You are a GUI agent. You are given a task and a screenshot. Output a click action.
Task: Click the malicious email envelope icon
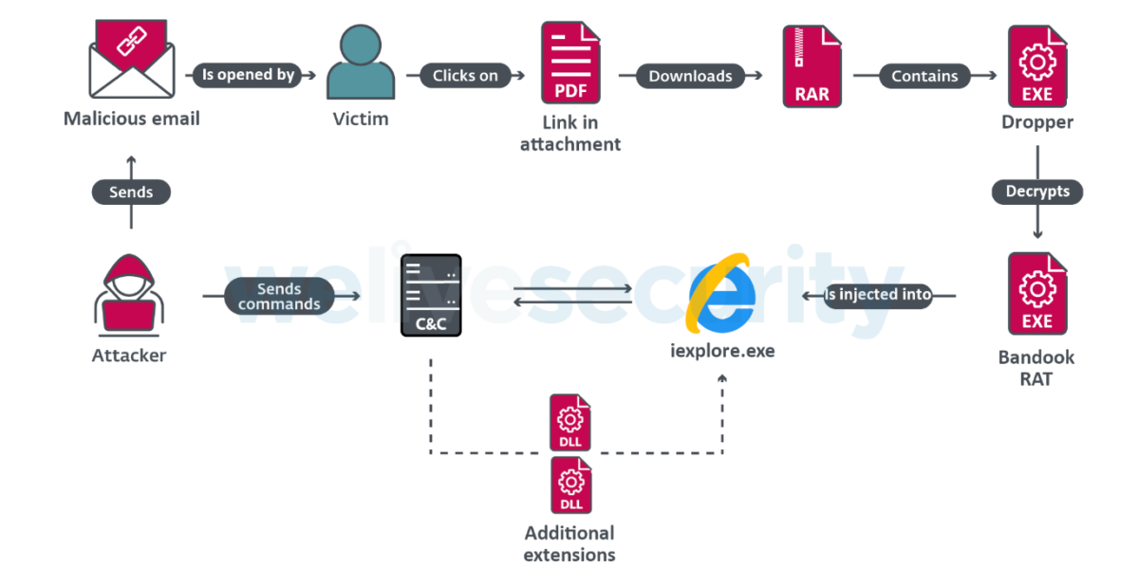(x=131, y=58)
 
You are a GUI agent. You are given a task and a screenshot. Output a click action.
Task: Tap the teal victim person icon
(x=361, y=63)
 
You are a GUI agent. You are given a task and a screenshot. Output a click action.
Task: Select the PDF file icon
(x=570, y=64)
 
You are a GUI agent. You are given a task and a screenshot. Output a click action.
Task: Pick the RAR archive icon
(x=812, y=65)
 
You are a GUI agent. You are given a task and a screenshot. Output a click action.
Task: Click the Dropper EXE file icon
(x=1036, y=65)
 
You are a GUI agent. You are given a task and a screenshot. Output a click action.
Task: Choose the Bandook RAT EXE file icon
(x=1036, y=295)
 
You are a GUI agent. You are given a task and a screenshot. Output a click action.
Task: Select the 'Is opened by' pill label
(x=248, y=76)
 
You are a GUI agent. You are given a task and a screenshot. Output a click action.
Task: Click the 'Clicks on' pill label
(x=465, y=76)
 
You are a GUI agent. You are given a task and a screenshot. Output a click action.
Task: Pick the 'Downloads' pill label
(x=690, y=76)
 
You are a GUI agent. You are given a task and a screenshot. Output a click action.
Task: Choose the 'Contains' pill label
(x=924, y=76)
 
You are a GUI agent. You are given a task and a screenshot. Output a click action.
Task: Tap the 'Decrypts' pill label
(x=1037, y=192)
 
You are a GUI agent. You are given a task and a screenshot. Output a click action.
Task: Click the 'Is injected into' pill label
(x=877, y=296)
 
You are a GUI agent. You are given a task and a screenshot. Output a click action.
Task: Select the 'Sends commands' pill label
(x=279, y=297)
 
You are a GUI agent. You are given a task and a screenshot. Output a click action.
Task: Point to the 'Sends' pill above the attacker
(x=131, y=192)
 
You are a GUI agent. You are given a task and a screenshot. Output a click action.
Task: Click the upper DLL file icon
(x=570, y=423)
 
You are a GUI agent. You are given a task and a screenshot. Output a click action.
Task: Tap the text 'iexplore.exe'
(x=722, y=351)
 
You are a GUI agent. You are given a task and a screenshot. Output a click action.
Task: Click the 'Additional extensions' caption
(x=569, y=543)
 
